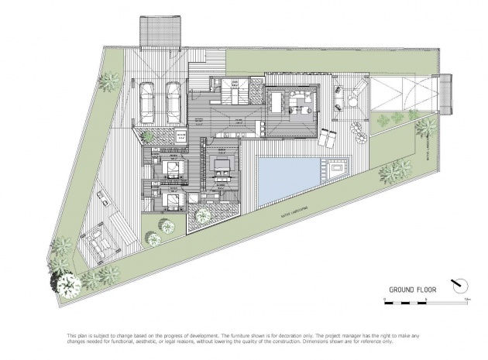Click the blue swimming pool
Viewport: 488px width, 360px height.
(287, 177)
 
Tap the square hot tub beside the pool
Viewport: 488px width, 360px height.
(337, 167)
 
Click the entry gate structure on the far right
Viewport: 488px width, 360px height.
(445, 92)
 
